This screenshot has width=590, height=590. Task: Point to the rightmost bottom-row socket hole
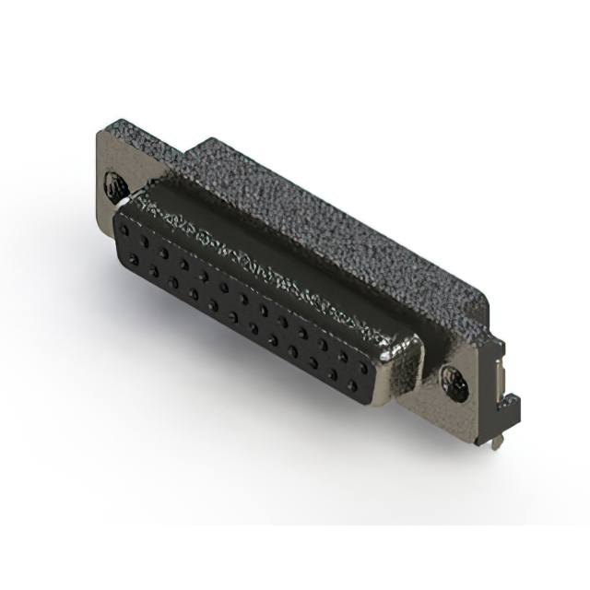(351, 385)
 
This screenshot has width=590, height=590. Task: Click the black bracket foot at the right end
(510, 406)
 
